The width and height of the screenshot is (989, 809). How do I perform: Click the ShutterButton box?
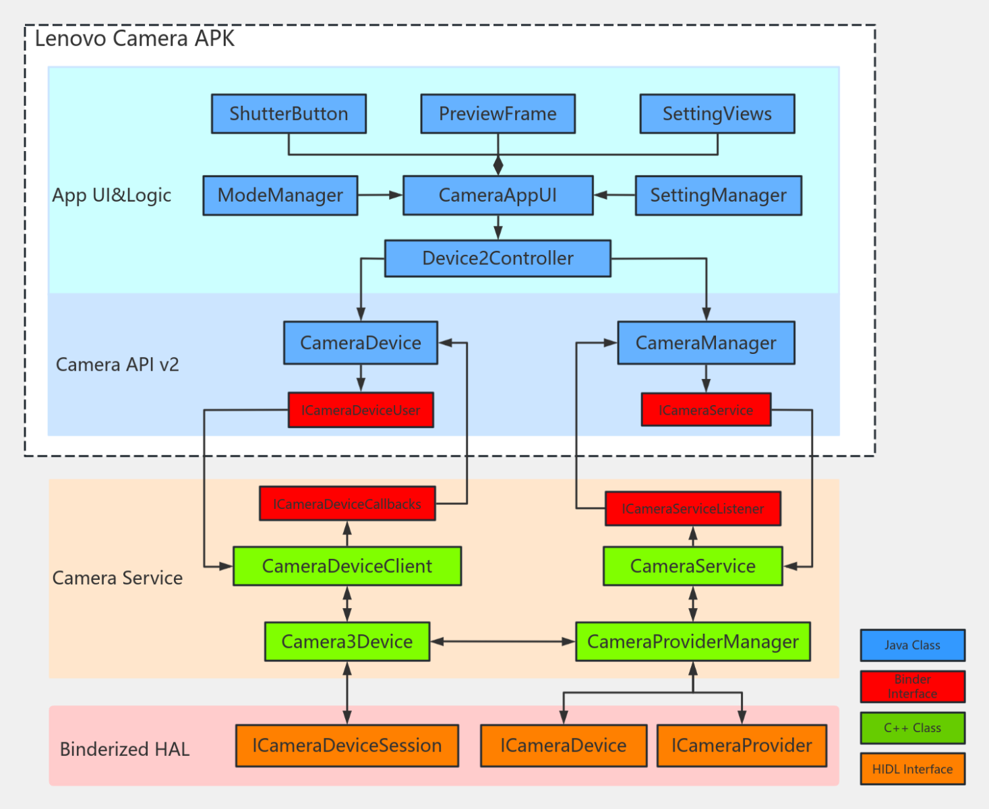coord(289,114)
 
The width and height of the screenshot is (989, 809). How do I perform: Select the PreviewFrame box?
coord(498,114)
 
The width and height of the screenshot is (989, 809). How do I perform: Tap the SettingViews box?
coord(717,114)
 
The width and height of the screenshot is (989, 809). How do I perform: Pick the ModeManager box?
coord(280,196)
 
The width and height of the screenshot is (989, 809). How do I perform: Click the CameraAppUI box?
coord(498,196)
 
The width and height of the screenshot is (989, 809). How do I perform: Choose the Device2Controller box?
coord(498,258)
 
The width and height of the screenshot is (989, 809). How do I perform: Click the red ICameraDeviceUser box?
coord(361,410)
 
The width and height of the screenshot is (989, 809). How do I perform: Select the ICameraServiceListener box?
coord(692,509)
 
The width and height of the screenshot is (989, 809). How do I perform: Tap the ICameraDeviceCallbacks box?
coord(347,504)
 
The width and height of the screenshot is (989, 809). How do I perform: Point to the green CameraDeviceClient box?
coord(347,566)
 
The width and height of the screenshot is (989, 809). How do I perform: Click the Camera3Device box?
coord(347,641)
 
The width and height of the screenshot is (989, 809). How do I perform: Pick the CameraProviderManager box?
coord(692,641)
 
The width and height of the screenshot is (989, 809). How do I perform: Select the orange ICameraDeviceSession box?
coord(347,746)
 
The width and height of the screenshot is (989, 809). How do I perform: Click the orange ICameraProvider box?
coord(742,746)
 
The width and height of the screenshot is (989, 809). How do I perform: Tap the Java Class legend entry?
coord(912,645)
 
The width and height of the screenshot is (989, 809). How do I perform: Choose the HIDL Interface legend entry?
coord(912,769)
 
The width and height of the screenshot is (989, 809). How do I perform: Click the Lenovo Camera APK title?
coord(135,38)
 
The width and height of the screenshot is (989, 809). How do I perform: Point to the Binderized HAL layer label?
coord(125,749)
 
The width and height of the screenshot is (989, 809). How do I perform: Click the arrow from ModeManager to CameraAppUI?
coord(380,196)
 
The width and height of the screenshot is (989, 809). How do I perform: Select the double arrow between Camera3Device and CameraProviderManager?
coord(502,641)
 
